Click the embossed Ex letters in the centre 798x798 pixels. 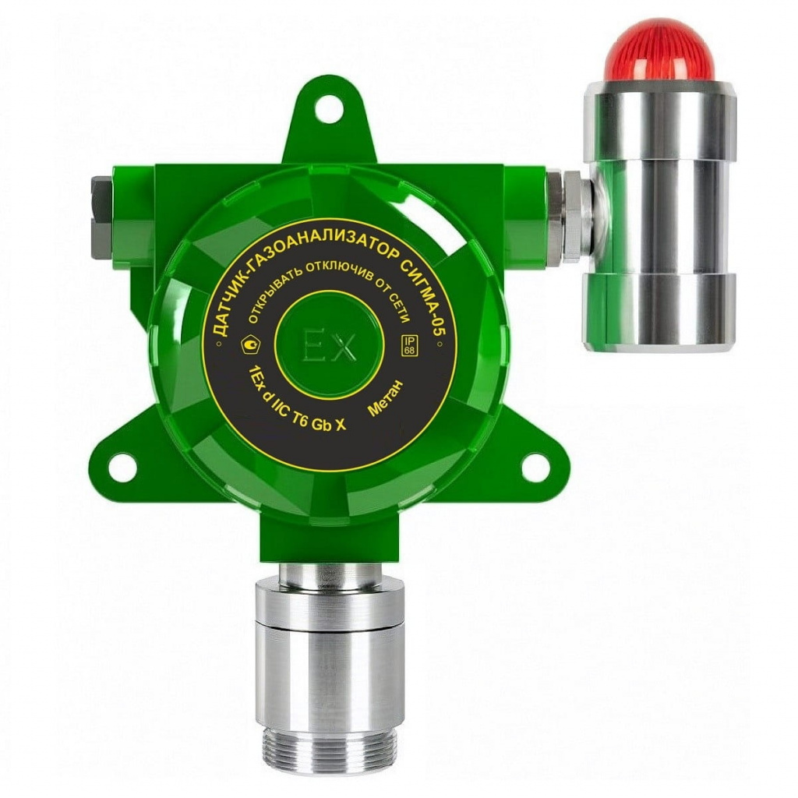coord(330,347)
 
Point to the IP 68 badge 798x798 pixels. coord(408,345)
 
